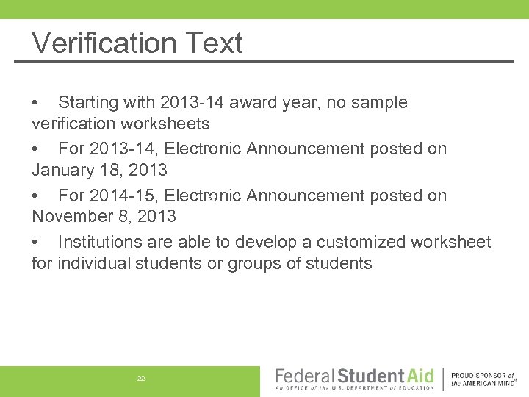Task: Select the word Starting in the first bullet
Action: tap(88, 103)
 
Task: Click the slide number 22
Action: tap(141, 379)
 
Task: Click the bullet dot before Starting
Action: tap(35, 103)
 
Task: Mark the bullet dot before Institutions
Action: tap(35, 242)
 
